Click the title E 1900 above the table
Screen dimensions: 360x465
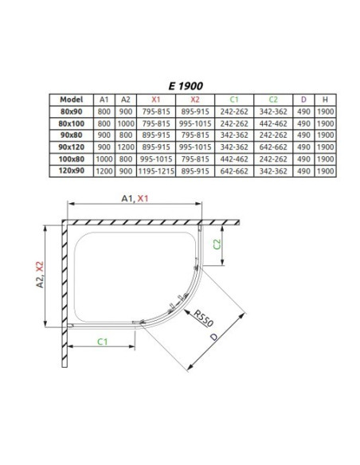186,86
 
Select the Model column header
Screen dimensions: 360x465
72,100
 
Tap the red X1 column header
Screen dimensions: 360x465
156,100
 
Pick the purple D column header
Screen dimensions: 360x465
303,100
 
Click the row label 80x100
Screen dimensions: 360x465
72,123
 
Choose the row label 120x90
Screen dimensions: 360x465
72,171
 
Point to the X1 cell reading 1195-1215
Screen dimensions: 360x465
156,171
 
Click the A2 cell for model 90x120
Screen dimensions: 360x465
126,147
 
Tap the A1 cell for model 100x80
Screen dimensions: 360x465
104,159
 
